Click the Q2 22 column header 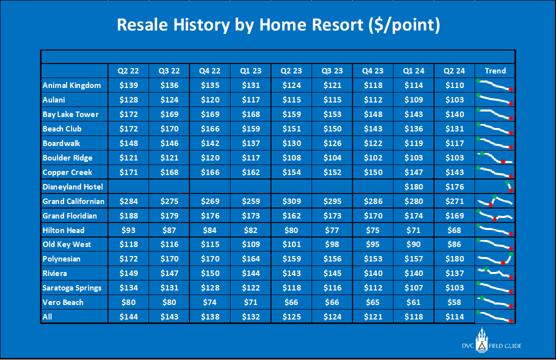pyautogui.click(x=128, y=71)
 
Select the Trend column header pyautogui.click(x=495, y=71)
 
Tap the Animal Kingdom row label pyautogui.click(x=71, y=85)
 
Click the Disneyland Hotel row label pyautogui.click(x=72, y=187)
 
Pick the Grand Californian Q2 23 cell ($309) pyautogui.click(x=291, y=201)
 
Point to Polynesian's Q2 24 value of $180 pyautogui.click(x=454, y=259)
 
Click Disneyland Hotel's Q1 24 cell pyautogui.click(x=414, y=187)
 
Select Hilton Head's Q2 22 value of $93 pyautogui.click(x=128, y=230)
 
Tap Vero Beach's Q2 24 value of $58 pyautogui.click(x=454, y=302)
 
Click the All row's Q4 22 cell pyautogui.click(x=210, y=316)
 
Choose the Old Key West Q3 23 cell pyautogui.click(x=332, y=244)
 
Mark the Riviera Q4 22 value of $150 pyautogui.click(x=210, y=273)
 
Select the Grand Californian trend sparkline pyautogui.click(x=495, y=200)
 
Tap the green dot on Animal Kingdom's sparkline pyautogui.click(x=478, y=81)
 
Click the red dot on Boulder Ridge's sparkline pyautogui.click(x=503, y=161)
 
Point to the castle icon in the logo pyautogui.click(x=481, y=340)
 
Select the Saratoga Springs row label pyautogui.click(x=72, y=288)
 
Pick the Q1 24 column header pyautogui.click(x=414, y=71)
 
